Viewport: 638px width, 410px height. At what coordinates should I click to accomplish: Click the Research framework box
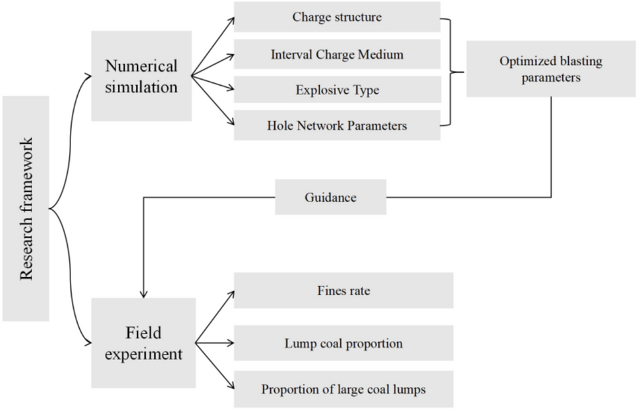[26, 208]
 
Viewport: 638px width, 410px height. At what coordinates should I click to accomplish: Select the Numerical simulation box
[142, 76]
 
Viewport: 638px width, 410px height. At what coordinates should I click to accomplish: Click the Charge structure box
[337, 17]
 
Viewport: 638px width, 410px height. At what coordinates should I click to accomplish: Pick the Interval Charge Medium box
[337, 54]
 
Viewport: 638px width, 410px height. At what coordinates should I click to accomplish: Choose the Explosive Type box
[337, 90]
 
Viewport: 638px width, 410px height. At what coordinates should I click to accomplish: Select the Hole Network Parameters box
[337, 125]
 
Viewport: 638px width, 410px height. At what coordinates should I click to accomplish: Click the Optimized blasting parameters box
[551, 69]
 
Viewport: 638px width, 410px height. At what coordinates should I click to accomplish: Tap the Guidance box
[330, 197]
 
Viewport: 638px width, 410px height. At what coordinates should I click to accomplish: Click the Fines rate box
[343, 291]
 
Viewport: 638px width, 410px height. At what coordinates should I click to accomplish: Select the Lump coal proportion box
[343, 343]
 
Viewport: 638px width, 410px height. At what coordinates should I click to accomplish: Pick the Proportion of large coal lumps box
[343, 389]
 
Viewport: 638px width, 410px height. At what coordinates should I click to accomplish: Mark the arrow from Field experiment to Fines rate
[214, 317]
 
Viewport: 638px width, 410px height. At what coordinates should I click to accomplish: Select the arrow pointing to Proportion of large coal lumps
[214, 366]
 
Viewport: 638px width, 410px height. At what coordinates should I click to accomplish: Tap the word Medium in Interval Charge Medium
[380, 54]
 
